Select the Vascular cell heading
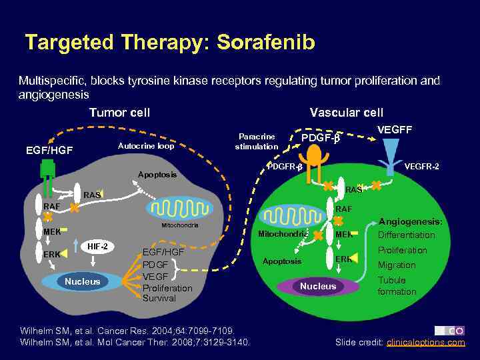(x=346, y=113)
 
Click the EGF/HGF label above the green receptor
(x=51, y=151)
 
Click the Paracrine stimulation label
(x=257, y=141)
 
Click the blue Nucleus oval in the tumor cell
(x=82, y=281)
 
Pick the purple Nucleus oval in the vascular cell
(x=318, y=287)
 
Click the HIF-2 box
(x=99, y=247)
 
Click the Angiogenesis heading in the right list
(x=409, y=221)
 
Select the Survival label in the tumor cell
(x=159, y=298)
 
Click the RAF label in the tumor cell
(x=52, y=207)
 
